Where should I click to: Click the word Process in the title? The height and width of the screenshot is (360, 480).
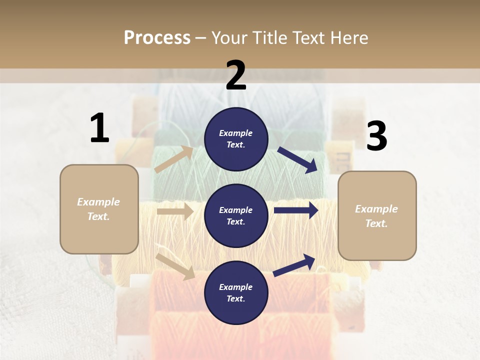(157, 37)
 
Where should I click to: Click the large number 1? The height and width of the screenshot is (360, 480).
(99, 128)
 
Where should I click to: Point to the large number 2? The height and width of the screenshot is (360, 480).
(236, 75)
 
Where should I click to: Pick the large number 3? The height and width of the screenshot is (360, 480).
(376, 136)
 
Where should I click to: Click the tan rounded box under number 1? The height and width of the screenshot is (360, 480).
(99, 209)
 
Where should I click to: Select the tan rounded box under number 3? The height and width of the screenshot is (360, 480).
(377, 215)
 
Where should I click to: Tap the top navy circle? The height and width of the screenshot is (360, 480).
(236, 139)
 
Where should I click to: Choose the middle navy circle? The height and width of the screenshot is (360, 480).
(236, 215)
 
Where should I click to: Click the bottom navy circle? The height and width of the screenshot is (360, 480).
(236, 292)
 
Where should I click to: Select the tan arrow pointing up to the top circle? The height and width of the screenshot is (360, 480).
(174, 159)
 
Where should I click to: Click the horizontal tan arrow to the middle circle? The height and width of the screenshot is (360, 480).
(175, 211)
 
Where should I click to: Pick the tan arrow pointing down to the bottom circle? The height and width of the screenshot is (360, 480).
(175, 266)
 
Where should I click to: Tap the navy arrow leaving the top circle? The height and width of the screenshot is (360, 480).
(297, 159)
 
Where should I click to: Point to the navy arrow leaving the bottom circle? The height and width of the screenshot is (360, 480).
(294, 265)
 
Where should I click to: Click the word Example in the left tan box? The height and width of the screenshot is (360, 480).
(98, 202)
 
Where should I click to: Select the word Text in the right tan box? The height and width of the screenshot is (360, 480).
(375, 223)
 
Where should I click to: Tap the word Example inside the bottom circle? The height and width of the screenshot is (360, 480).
(236, 287)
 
